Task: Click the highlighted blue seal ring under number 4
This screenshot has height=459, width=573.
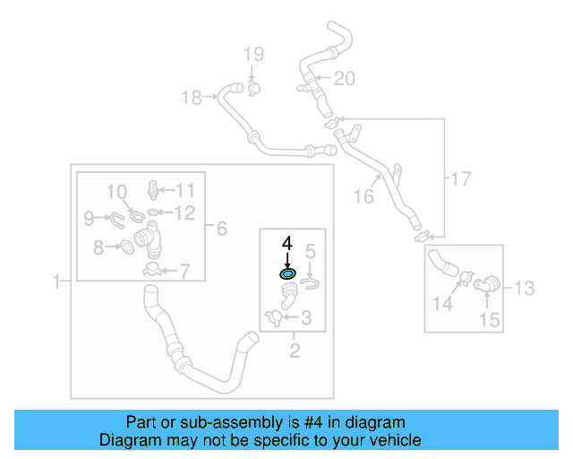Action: pos(288,274)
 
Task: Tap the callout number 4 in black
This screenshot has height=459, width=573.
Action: pos(287,243)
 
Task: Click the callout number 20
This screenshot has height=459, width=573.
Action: pos(345,79)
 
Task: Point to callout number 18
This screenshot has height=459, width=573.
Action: pos(192,98)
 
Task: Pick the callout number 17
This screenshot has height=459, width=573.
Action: pos(459,179)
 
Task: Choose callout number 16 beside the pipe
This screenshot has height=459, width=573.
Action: pos(363,196)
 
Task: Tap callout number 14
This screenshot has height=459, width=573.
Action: pos(442,305)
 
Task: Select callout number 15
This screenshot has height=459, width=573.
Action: pos(487,319)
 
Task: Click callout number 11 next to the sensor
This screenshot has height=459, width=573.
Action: pos(184,189)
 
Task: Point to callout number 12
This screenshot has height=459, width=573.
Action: pos(184,212)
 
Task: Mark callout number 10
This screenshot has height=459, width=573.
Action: pos(117,191)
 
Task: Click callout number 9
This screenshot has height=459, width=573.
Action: pos(89,217)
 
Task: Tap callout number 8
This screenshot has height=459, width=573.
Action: pos(98,245)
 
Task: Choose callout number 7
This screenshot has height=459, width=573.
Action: pos(185,270)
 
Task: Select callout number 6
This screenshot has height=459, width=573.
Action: pos(221,229)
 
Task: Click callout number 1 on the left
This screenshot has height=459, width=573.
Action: pos(56,281)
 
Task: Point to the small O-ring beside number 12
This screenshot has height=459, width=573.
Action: pos(155,213)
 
